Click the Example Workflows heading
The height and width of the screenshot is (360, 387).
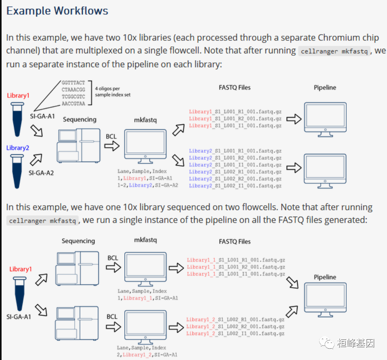(x=57, y=11)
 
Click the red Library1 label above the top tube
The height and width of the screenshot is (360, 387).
(x=18, y=95)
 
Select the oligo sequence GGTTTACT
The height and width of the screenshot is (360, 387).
(x=73, y=83)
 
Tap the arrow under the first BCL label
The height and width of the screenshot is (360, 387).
(x=112, y=146)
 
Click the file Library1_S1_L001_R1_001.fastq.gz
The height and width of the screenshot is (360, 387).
(x=235, y=111)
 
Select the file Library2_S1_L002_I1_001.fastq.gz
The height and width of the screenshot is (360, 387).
(x=235, y=186)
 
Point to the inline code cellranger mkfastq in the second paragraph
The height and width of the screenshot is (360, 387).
(x=43, y=221)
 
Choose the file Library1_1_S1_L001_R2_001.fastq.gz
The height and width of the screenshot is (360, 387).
(x=236, y=267)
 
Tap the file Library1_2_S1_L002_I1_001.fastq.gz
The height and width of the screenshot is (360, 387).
(x=235, y=333)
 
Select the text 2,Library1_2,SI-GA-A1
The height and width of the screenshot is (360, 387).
(x=147, y=355)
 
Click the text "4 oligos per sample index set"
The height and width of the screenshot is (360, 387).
(x=113, y=92)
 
